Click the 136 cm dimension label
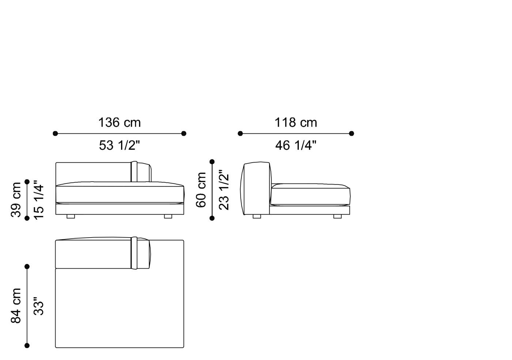(119, 122)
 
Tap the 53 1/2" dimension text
(119, 145)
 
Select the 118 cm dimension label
(296, 122)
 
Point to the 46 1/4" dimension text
(296, 145)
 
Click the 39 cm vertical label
(16, 200)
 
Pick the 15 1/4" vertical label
(38, 200)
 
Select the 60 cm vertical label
(201, 190)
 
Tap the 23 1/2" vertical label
(223, 190)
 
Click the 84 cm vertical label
(16, 306)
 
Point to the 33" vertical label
(38, 306)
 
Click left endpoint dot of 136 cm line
(55, 133)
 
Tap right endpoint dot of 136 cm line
(184, 133)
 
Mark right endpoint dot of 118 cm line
(351, 133)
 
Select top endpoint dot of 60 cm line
(212, 162)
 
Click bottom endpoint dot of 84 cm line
(27, 345)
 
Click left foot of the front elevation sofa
(71, 216)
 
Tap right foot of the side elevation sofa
(337, 216)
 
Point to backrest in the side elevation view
(256, 188)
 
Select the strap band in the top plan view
(134, 253)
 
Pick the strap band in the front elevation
(134, 171)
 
